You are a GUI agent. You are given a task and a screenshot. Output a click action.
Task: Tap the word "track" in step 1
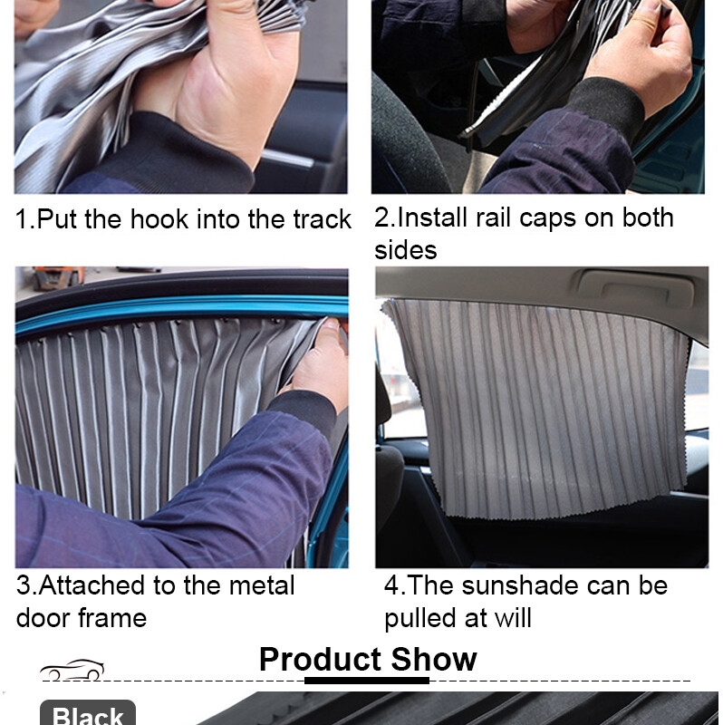click(323, 218)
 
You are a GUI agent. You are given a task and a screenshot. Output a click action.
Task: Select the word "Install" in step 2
click(432, 217)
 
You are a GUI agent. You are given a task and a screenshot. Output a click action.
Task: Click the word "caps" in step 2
click(548, 219)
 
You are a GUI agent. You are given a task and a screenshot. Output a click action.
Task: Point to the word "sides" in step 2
click(405, 250)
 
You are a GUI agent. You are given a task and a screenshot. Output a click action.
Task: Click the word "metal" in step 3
click(262, 585)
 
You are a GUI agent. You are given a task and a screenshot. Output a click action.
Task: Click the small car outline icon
click(72, 670)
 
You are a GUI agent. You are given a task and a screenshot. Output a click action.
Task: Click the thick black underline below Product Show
click(367, 681)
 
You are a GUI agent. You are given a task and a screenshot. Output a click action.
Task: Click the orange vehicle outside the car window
click(58, 276)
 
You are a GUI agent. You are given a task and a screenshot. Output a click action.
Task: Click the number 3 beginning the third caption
click(24, 585)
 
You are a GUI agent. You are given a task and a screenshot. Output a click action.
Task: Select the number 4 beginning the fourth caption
click(391, 585)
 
